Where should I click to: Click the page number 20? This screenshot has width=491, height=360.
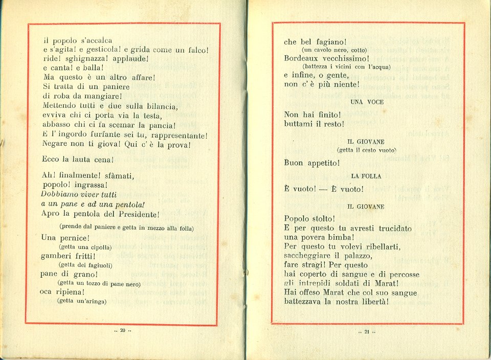(123, 330)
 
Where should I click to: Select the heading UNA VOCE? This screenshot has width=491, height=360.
(367, 102)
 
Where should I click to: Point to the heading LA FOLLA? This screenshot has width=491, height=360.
(366, 176)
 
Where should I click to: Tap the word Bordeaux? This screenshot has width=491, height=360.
(302, 58)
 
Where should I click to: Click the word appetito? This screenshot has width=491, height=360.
(322, 163)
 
